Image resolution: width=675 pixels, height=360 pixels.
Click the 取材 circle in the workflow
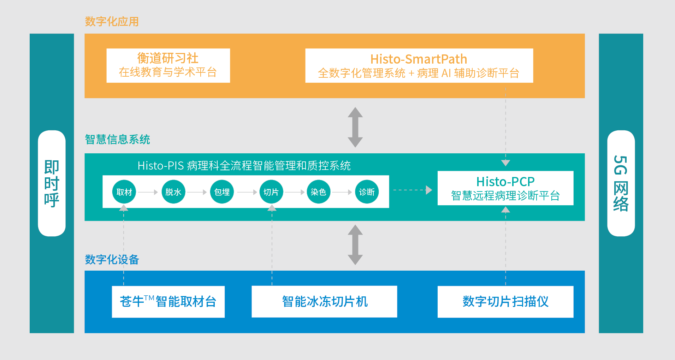(124, 192)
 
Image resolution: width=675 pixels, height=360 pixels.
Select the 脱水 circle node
(173, 192)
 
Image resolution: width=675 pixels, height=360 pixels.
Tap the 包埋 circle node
(222, 192)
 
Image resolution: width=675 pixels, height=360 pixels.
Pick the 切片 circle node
(271, 192)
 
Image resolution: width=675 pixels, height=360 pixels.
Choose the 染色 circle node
(318, 192)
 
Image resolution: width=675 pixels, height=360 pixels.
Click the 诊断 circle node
(367, 192)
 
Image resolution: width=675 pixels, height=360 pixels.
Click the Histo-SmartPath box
(419, 66)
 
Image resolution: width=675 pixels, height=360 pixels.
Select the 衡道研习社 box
(168, 66)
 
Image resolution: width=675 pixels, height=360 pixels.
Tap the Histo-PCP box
(505, 188)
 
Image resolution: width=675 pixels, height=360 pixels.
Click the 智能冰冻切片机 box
(324, 302)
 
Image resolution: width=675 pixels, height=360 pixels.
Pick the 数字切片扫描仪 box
(505, 302)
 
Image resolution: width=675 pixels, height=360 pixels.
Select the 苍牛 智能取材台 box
(168, 302)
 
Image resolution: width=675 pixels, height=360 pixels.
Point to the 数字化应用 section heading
(112, 22)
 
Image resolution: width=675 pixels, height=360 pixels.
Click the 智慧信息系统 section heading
(117, 140)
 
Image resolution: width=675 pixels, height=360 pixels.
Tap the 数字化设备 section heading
(112, 260)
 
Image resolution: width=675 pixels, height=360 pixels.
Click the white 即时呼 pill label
(52, 183)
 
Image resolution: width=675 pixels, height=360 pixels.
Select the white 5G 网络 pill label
(621, 183)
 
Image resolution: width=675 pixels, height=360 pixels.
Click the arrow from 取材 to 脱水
(148, 192)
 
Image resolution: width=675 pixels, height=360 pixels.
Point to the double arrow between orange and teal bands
(355, 127)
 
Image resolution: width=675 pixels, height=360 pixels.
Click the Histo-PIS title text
(244, 166)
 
